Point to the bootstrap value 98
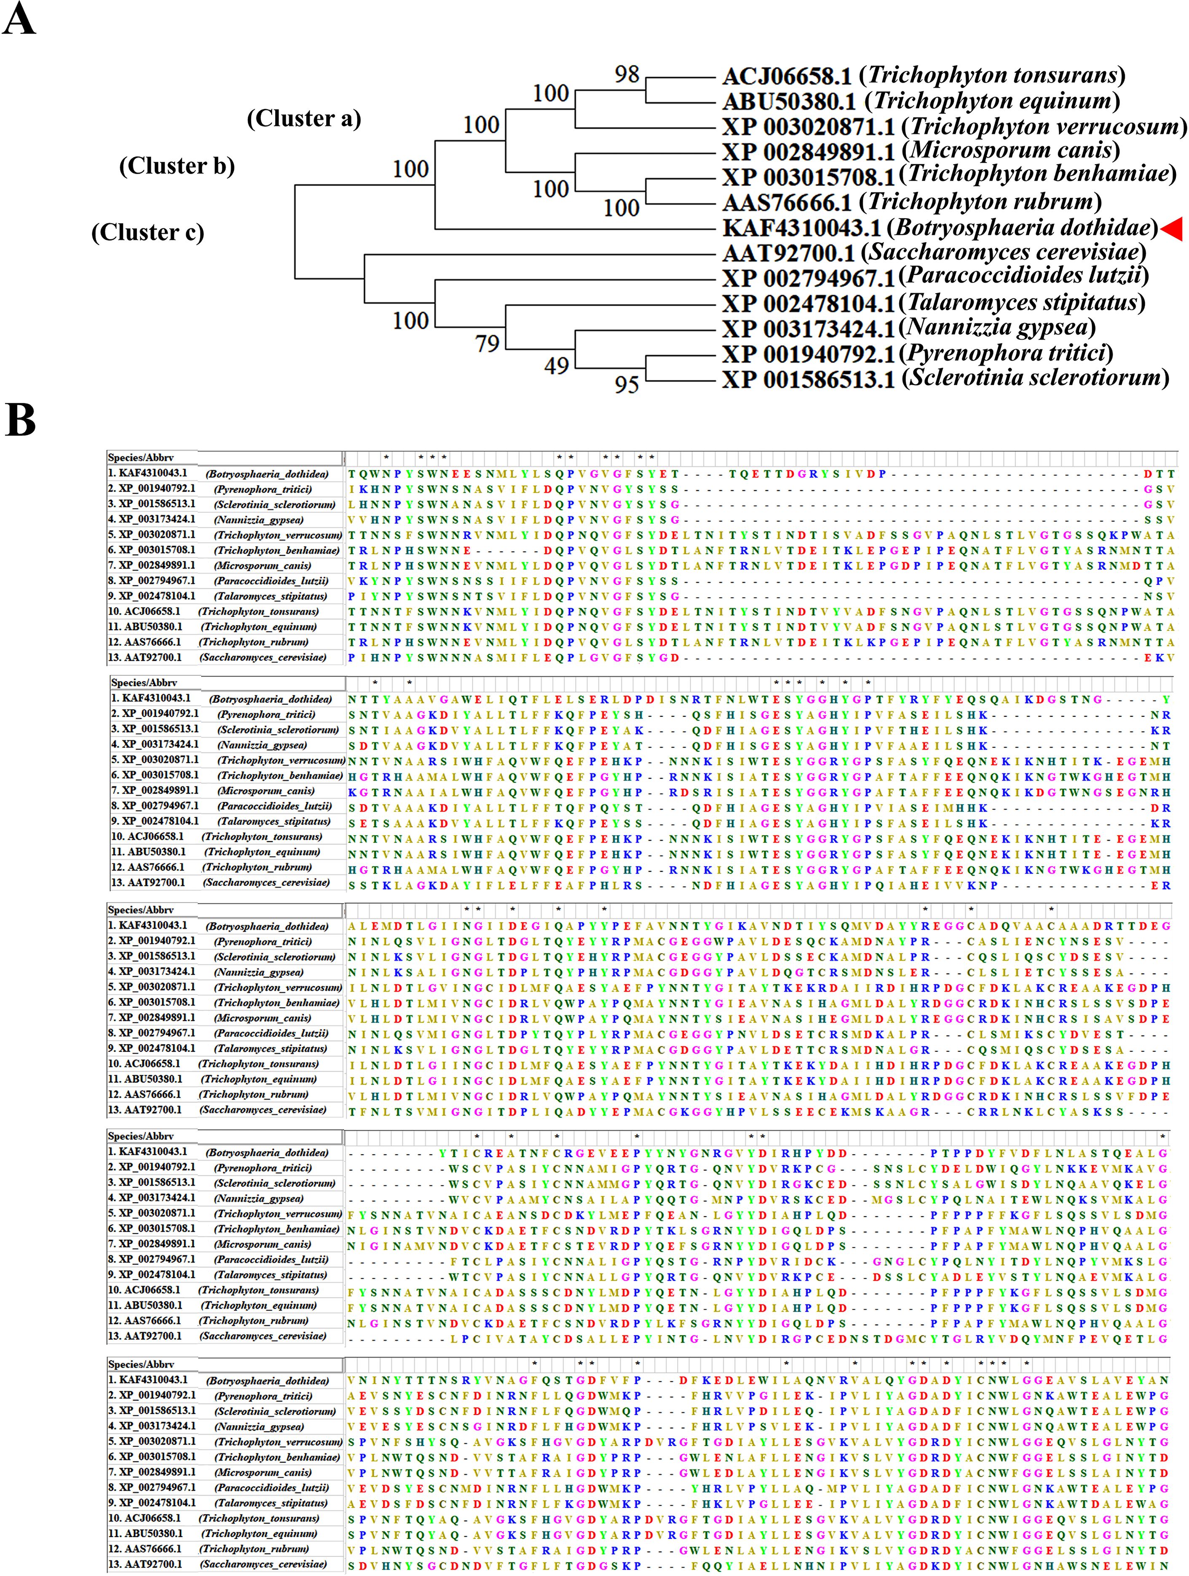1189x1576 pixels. pyautogui.click(x=627, y=74)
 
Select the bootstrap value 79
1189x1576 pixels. pyautogui.click(x=487, y=343)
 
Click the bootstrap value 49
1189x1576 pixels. pyautogui.click(x=557, y=366)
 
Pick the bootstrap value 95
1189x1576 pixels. pyautogui.click(x=627, y=385)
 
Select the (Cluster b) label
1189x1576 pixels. pyautogui.click(x=177, y=166)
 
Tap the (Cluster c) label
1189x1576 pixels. pyautogui.click(x=147, y=232)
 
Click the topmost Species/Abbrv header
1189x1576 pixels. pyautogui.click(x=141, y=457)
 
